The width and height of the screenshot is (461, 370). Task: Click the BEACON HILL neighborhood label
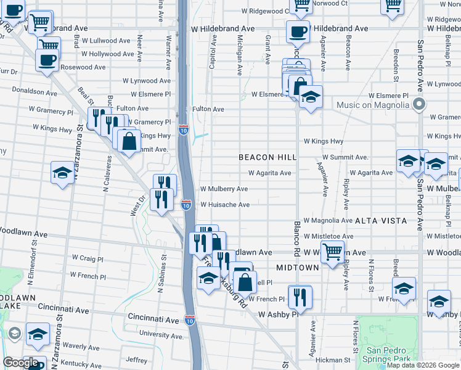click(x=268, y=158)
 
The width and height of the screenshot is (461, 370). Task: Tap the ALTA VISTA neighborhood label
click(x=381, y=220)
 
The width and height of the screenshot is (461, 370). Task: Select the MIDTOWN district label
click(x=298, y=268)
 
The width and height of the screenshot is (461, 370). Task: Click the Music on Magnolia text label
click(x=373, y=105)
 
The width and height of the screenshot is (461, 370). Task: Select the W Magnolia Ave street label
click(x=328, y=220)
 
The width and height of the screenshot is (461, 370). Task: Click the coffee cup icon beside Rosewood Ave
click(x=47, y=60)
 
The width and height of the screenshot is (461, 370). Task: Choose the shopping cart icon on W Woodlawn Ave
click(x=332, y=251)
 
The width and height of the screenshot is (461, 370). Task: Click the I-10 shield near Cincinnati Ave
click(x=190, y=320)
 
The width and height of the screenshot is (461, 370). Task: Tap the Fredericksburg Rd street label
click(x=224, y=282)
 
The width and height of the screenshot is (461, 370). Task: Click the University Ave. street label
click(x=162, y=335)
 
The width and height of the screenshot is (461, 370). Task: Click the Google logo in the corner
click(x=21, y=363)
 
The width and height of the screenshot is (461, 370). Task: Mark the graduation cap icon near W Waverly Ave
click(x=38, y=334)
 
